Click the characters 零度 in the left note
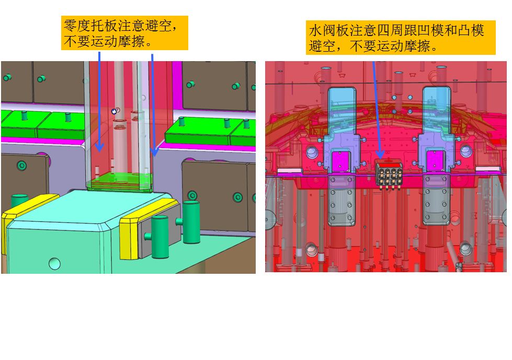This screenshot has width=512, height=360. click(x=77, y=25)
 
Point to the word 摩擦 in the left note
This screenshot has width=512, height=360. click(x=132, y=41)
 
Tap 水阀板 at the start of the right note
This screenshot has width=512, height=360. click(x=329, y=30)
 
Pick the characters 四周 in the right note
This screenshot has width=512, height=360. click(x=391, y=30)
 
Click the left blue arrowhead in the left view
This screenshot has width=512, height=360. click(x=99, y=147)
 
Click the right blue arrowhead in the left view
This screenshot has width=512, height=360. click(x=154, y=152)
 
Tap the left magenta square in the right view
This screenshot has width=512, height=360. click(x=340, y=161)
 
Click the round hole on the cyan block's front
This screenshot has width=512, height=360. click(x=54, y=263)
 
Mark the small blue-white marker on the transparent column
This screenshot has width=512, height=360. click(x=115, y=111)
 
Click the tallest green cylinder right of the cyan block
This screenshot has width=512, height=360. click(x=191, y=222)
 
